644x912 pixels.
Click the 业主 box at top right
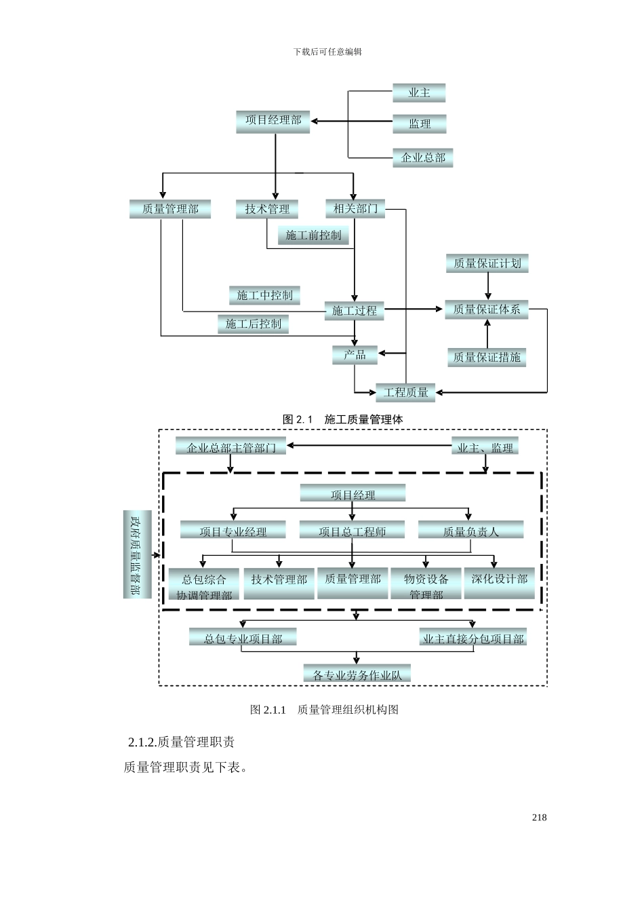click(x=419, y=93)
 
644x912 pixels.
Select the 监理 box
click(x=420, y=123)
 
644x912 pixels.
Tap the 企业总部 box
click(x=423, y=157)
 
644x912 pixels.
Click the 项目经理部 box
click(x=273, y=121)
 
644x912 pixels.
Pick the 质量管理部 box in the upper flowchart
click(x=170, y=209)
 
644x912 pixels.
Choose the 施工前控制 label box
click(x=313, y=235)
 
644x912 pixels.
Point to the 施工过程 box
click(x=355, y=311)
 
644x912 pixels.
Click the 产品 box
click(x=355, y=354)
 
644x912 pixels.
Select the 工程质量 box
click(x=406, y=392)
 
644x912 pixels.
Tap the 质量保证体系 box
click(x=487, y=309)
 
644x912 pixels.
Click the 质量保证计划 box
click(x=487, y=263)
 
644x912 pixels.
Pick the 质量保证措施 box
click(x=487, y=357)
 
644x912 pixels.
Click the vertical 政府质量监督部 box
click(x=137, y=554)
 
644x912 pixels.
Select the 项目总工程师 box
click(x=353, y=531)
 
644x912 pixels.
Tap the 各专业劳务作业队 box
click(x=357, y=674)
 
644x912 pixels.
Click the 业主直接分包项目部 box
click(x=473, y=639)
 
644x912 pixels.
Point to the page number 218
click(x=539, y=818)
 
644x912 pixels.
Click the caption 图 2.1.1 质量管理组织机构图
click(x=324, y=710)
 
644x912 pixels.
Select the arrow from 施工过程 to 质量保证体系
click(x=414, y=309)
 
